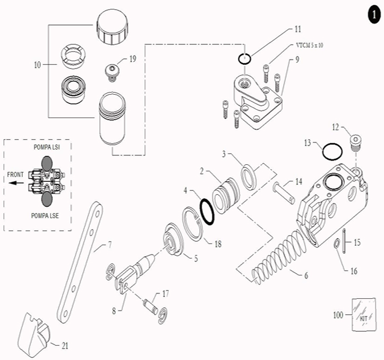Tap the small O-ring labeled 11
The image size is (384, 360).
(x=244, y=58)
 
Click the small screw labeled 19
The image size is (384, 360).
(x=112, y=70)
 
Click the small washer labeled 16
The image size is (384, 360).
(x=337, y=244)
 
